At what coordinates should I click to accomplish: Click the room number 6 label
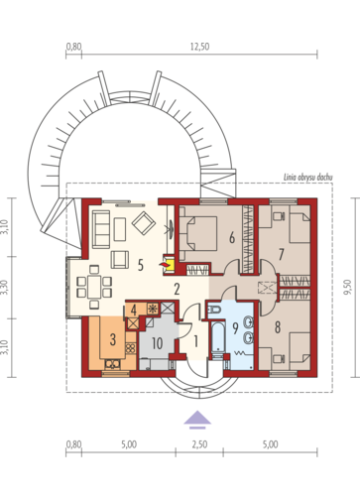[x=232, y=237]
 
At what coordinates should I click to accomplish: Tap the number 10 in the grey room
[x=158, y=343]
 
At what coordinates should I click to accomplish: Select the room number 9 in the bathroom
[x=235, y=328]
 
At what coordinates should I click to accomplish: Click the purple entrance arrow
[x=197, y=420]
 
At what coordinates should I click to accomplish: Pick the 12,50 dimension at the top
[x=199, y=47]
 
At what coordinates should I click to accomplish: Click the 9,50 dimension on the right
[x=347, y=287]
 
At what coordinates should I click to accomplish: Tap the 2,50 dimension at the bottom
[x=199, y=444]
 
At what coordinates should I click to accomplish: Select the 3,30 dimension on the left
[x=5, y=288]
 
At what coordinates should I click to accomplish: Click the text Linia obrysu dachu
[x=308, y=178]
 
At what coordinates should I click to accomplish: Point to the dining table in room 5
[x=94, y=287]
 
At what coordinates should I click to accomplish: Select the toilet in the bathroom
[x=214, y=311]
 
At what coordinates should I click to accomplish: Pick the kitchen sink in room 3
[x=112, y=364]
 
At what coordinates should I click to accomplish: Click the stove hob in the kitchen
[x=130, y=348]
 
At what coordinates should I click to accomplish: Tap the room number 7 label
[x=281, y=255]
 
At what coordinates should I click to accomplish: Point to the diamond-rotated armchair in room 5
[x=144, y=223]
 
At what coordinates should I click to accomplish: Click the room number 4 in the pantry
[x=134, y=310]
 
